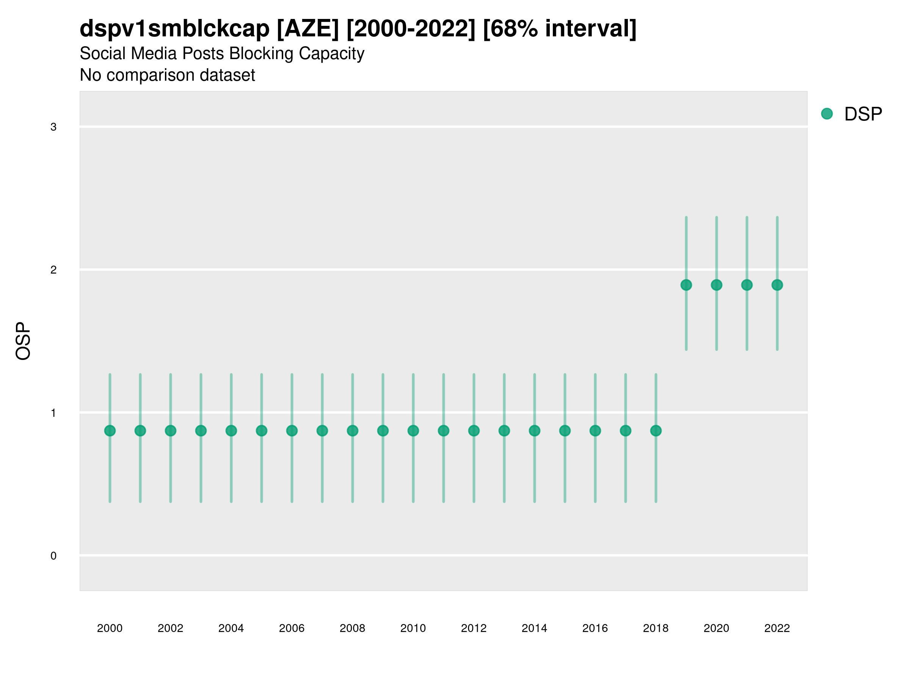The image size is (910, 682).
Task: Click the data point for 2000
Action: tap(110, 430)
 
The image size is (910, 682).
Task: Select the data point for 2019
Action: tap(686, 285)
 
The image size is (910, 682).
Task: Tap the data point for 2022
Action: tap(777, 285)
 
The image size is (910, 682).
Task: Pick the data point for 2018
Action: tap(656, 430)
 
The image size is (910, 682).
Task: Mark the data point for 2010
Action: tap(413, 430)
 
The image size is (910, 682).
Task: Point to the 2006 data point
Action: tap(292, 430)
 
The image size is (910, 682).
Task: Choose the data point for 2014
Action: tap(534, 430)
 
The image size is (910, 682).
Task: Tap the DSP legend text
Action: tap(863, 114)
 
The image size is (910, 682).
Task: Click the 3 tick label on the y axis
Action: tap(53, 127)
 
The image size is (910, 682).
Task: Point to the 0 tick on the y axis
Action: tap(53, 556)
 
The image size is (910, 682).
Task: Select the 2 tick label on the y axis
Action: tap(53, 270)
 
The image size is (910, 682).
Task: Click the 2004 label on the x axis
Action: tap(231, 628)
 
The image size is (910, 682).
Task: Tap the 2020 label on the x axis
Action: tap(716, 628)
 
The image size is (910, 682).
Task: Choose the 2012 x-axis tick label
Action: tap(474, 628)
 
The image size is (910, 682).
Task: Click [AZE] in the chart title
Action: tap(308, 29)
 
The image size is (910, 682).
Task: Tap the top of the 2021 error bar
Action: tap(747, 217)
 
